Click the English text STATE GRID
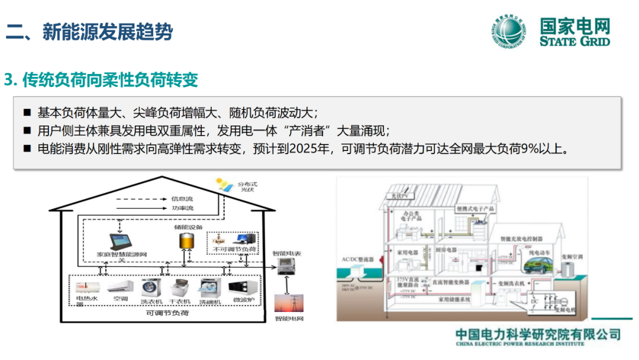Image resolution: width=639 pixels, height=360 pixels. (x=574, y=41)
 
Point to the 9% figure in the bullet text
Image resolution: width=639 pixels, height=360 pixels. (x=527, y=149)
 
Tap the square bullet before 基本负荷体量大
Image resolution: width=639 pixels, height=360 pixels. (x=27, y=112)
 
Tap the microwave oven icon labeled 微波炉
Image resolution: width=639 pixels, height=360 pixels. (x=243, y=288)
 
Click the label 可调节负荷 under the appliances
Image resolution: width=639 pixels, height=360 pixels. (x=168, y=313)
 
